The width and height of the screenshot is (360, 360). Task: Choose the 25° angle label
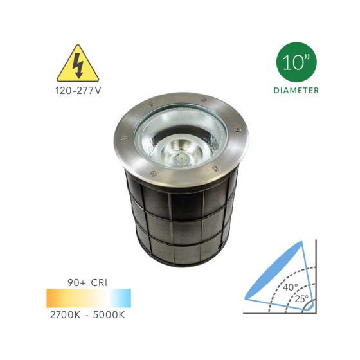pos(302,298)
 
